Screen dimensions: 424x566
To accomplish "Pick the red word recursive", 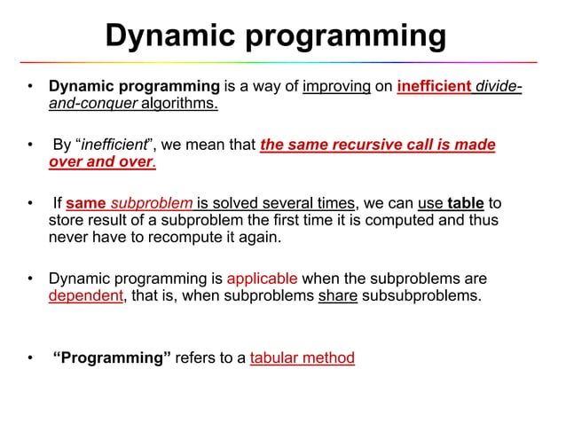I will (x=370, y=145).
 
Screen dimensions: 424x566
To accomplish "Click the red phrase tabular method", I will (x=303, y=358).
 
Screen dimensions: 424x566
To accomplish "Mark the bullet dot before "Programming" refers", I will (x=29, y=359).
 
